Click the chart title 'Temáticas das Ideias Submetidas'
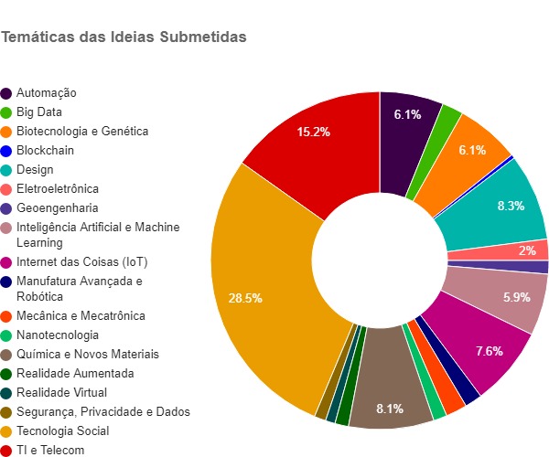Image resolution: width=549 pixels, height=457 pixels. [x=124, y=37]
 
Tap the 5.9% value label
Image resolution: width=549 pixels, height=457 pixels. [x=516, y=297]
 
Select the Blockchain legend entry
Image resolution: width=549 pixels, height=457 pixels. [x=45, y=150]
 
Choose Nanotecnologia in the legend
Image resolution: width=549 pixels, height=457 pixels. [x=58, y=335]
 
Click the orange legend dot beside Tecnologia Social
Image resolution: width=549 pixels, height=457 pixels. [x=6, y=430]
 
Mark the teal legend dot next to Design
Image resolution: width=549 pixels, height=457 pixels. [x=6, y=169]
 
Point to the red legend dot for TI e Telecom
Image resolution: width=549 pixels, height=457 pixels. [x=6, y=450]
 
